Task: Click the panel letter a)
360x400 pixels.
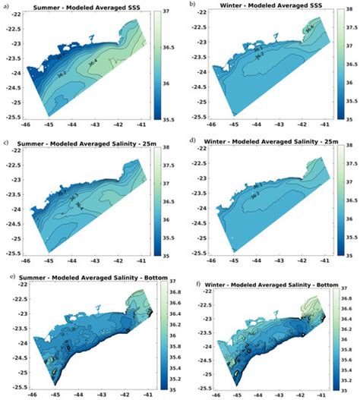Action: (x=6, y=5)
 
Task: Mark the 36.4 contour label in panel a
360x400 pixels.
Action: (x=93, y=65)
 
